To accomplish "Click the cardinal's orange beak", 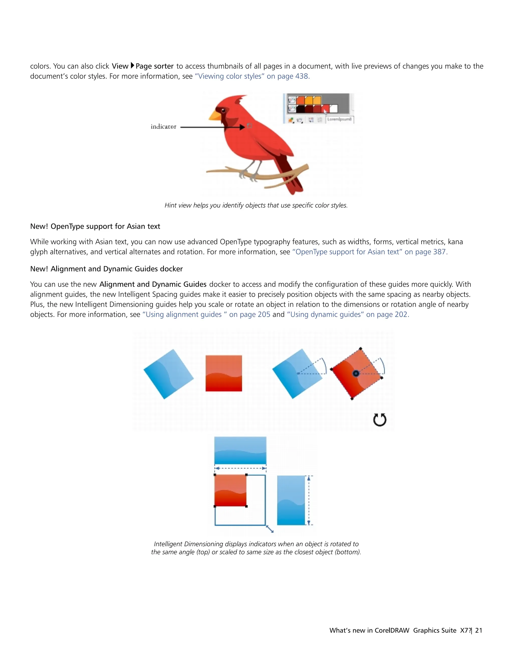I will point(214,115).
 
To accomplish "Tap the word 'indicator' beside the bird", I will point(164,127).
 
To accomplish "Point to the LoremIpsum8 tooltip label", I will point(339,119).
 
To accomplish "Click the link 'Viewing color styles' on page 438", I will point(252,76).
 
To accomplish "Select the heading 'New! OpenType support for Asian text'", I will point(95,226).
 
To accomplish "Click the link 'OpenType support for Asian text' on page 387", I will point(369,252).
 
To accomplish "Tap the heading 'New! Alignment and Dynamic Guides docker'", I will point(106,269).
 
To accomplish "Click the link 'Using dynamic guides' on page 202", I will point(348,314).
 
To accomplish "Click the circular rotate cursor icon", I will point(379,420).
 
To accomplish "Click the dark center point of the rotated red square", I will point(356,373).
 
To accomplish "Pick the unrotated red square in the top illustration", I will point(224,373).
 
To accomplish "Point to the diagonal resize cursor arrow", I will point(270,529).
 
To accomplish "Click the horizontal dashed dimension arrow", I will point(240,468).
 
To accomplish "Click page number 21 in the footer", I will point(479,630).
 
